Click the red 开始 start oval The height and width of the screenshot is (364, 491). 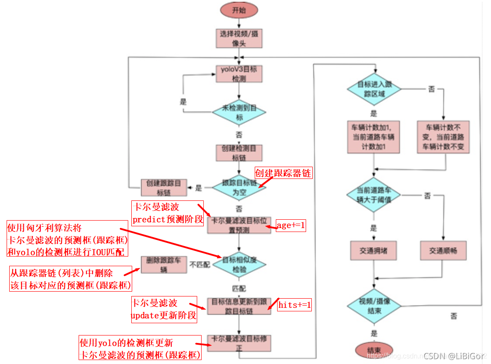tap(239, 10)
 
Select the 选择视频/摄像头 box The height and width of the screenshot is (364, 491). tap(239, 39)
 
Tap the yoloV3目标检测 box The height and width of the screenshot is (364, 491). tap(239, 73)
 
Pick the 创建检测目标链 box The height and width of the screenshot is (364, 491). tap(239, 153)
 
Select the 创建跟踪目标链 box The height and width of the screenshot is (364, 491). tap(164, 187)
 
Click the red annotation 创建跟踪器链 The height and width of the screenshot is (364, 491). tap(283, 173)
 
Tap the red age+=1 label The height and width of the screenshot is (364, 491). tap(290, 226)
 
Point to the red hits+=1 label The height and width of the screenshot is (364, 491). tap(294, 305)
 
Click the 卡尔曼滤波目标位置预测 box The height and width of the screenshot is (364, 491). tap(239, 225)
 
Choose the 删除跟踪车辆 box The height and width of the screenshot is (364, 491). tap(163, 265)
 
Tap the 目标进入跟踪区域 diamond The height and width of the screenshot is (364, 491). tap(374, 89)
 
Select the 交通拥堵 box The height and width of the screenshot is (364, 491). tap(374, 250)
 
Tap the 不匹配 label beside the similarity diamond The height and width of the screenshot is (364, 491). tap(200, 264)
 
